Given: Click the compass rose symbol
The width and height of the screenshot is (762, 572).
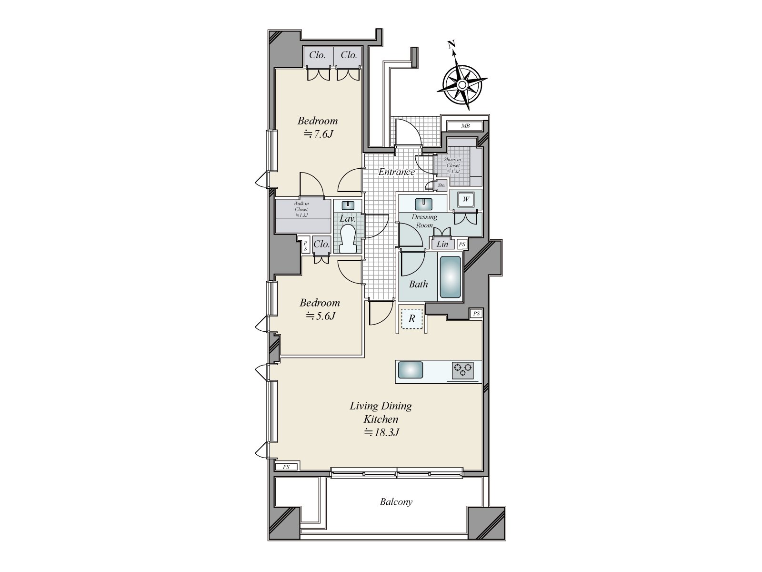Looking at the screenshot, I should click(461, 84).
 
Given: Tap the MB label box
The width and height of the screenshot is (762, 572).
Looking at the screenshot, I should click(465, 126).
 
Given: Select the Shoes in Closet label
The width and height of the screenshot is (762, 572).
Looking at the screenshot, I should click(452, 165).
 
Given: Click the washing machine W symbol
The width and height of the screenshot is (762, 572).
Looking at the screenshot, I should click(465, 199).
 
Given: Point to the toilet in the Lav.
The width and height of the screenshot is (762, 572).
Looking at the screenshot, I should click(348, 239).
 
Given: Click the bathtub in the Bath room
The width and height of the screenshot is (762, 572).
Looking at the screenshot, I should click(450, 277).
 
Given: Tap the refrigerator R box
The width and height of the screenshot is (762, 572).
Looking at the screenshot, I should click(411, 319).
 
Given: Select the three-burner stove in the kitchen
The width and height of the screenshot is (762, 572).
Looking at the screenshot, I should click(463, 370).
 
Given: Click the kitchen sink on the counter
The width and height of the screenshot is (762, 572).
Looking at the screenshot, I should click(410, 370).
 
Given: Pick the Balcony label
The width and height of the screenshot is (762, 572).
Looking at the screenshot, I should click(396, 502).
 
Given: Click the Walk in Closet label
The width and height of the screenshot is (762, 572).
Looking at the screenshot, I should click(301, 209).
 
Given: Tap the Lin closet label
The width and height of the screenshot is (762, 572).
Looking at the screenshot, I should click(442, 244).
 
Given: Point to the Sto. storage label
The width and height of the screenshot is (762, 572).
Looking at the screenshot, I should click(441, 185).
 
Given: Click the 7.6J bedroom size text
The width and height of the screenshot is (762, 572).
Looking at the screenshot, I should click(318, 134).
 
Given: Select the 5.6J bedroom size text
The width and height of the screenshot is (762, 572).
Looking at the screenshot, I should click(321, 316).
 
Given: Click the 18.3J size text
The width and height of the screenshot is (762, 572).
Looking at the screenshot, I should click(381, 432).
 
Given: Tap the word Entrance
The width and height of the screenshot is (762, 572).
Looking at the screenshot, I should click(396, 172).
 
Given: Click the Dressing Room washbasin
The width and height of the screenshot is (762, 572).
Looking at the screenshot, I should click(422, 204).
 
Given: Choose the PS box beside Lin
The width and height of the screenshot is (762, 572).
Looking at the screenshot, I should click(461, 244).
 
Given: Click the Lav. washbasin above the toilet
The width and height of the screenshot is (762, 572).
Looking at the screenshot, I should click(348, 205).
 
